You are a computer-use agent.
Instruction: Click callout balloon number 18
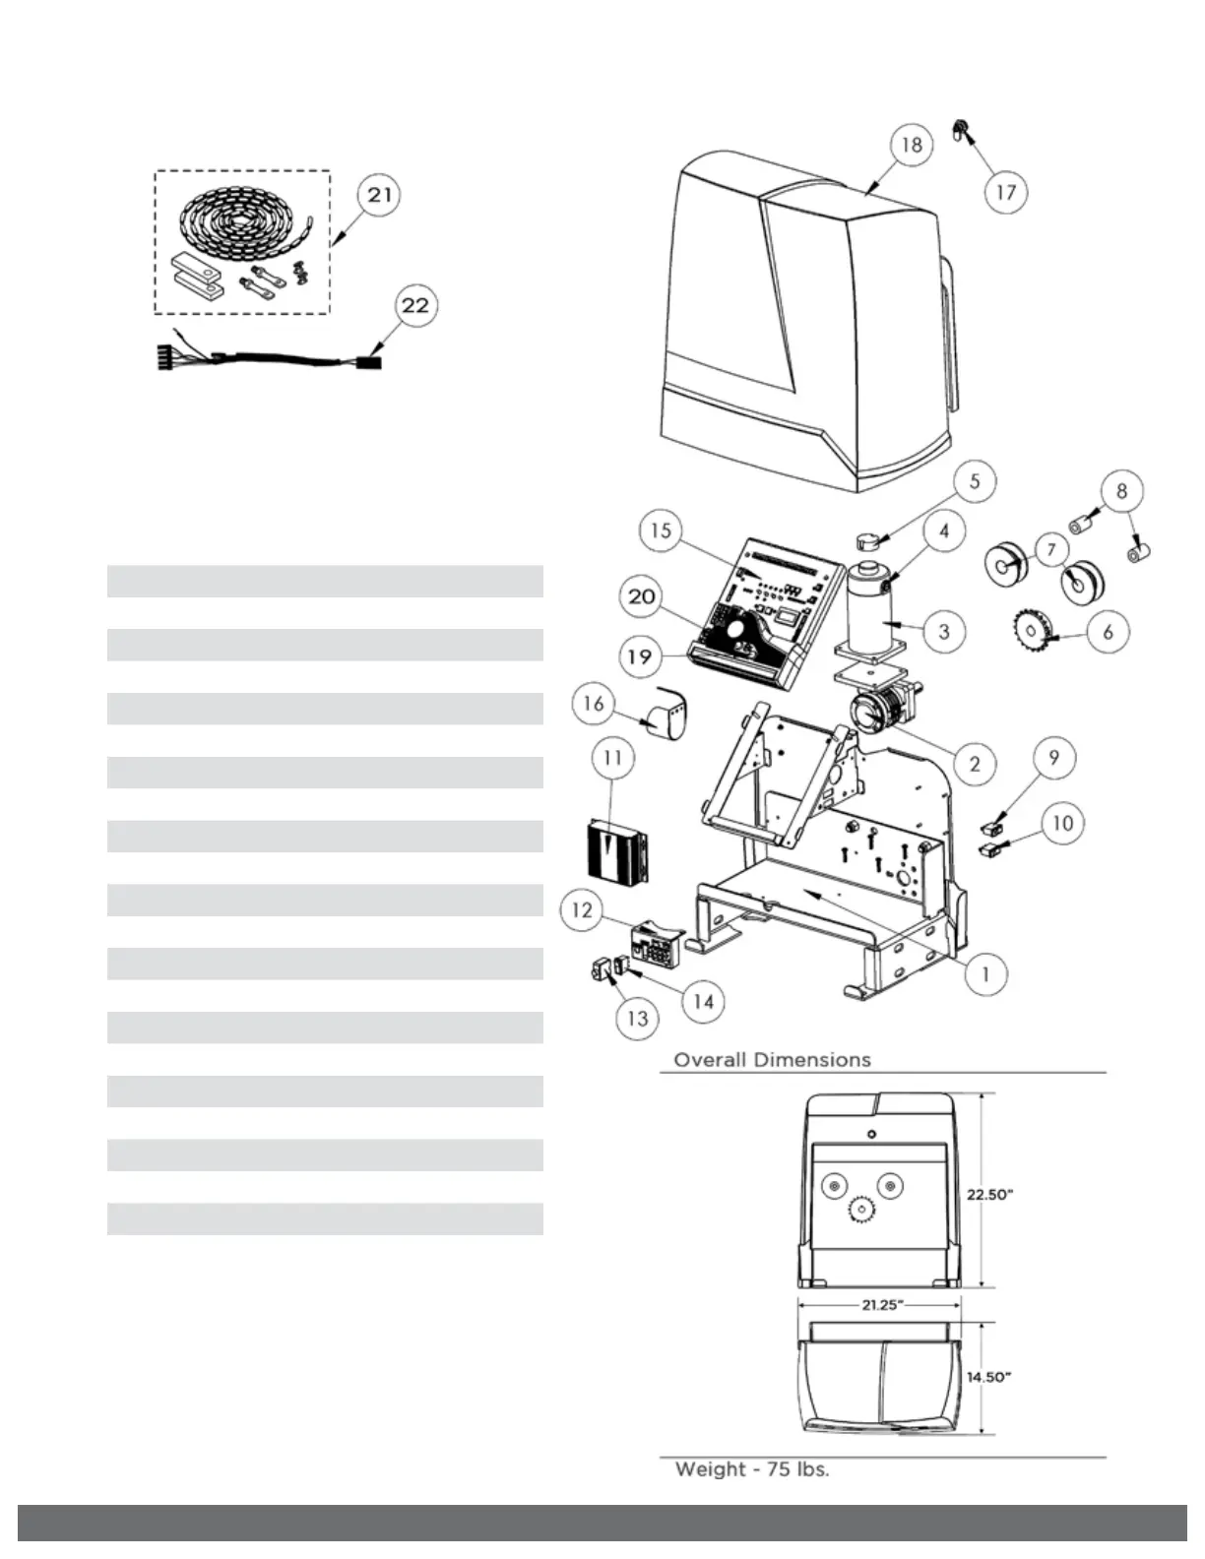coord(912,145)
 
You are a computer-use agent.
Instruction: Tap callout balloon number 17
coord(1005,191)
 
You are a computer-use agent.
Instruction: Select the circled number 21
coord(379,195)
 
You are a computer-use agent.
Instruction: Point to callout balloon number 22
coord(415,305)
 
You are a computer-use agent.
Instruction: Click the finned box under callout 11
coord(614,849)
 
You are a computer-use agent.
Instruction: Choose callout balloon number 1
coord(984,974)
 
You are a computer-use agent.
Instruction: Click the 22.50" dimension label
coord(989,1195)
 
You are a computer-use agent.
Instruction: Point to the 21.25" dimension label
coord(881,1305)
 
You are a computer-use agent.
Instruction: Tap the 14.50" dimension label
coord(988,1377)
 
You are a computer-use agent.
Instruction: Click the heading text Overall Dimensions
coord(772,1060)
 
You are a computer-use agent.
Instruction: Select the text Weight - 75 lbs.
coord(751,1469)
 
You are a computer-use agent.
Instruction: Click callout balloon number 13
coord(637,1017)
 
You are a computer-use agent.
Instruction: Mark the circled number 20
coord(641,597)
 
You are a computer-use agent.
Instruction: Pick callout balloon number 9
coord(1053,757)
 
